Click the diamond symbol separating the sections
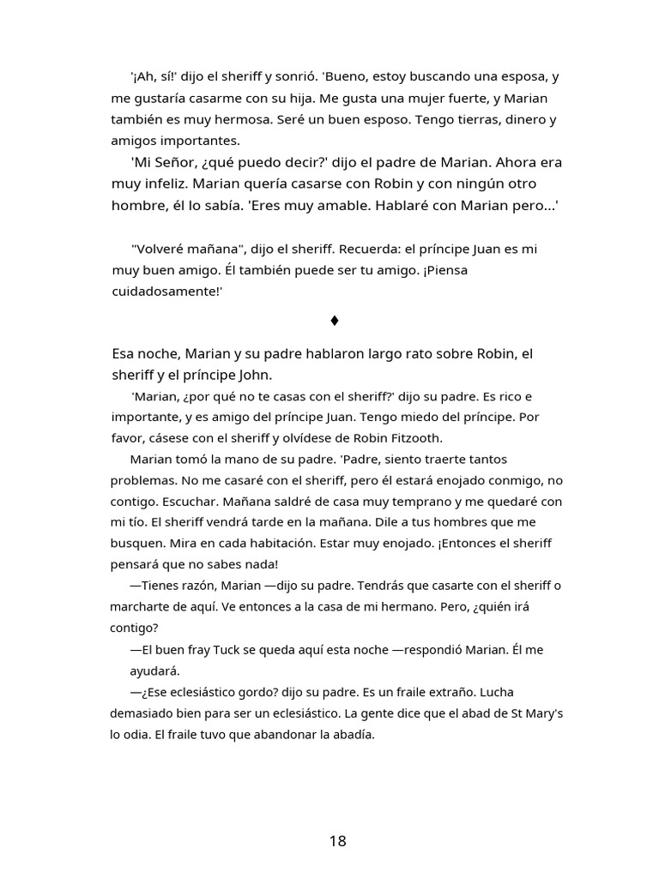click(335, 321)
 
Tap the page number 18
click(337, 841)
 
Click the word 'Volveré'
click(159, 249)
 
